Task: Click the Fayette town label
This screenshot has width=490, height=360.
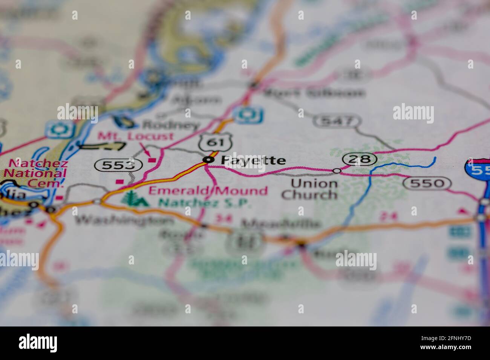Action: (253, 160)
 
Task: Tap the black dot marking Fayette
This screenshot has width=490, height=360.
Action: (207, 160)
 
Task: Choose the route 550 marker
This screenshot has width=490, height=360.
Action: (427, 183)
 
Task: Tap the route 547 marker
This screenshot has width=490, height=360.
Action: (337, 121)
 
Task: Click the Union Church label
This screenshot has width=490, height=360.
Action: (309, 189)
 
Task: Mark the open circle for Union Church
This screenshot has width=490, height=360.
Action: (337, 171)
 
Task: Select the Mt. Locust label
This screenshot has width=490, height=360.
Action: (135, 136)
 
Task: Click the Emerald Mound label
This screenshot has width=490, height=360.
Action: (208, 191)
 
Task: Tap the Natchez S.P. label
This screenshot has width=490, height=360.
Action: (205, 203)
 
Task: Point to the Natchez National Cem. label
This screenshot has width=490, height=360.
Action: (38, 174)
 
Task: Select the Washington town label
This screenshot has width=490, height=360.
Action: (124, 220)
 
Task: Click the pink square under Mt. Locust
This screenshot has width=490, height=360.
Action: (152, 160)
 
